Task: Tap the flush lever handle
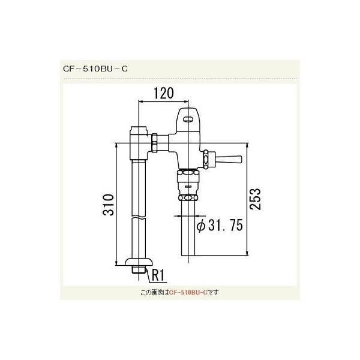(x=228, y=160)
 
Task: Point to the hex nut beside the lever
(x=210, y=159)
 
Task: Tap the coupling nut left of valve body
(x=156, y=143)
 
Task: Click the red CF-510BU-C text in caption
(x=188, y=293)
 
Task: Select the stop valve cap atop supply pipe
(x=139, y=130)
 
